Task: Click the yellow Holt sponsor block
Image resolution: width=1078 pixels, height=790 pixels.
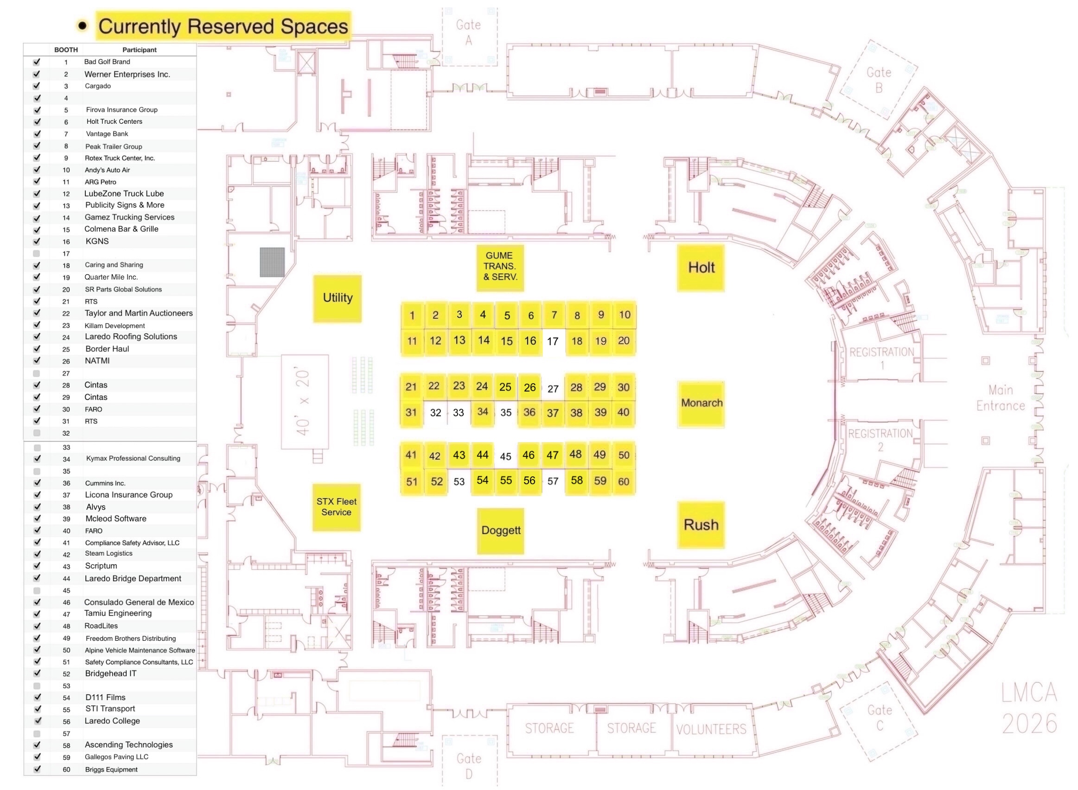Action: [701, 268]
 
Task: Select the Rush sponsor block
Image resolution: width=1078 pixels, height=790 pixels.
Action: [701, 525]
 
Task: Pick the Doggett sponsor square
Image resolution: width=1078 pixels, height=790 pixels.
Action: [500, 531]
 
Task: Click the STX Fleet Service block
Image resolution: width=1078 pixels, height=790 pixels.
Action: [336, 507]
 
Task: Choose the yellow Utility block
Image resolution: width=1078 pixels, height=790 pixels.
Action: [338, 298]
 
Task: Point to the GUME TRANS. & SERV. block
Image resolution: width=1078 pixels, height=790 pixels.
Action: [499, 266]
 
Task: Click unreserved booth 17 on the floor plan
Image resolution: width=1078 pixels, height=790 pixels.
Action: [553, 341]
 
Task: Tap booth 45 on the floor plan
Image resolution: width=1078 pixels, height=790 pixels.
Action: [505, 457]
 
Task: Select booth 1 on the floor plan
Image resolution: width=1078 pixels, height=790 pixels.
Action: [412, 316]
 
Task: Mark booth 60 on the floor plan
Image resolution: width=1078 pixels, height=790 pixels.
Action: [623, 481]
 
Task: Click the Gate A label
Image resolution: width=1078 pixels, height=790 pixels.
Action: [468, 32]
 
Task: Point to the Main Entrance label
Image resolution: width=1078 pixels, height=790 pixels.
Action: [1000, 398]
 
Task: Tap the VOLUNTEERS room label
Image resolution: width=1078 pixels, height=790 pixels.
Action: [710, 729]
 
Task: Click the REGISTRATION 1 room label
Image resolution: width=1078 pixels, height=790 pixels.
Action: [881, 358]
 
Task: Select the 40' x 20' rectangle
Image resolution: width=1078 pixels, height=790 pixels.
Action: [304, 401]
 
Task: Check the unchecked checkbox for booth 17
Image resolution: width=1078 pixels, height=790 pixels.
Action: [36, 253]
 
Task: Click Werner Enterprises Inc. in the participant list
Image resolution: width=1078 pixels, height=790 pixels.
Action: [128, 74]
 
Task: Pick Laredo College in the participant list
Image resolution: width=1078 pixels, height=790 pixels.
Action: [113, 720]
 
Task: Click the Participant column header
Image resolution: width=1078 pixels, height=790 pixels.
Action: [139, 50]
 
